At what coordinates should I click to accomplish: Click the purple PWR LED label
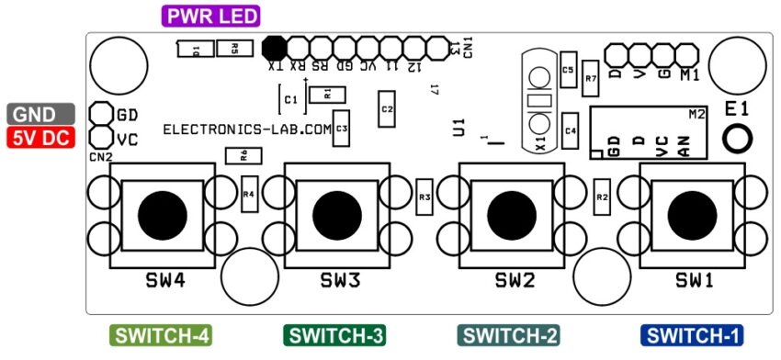point(210,16)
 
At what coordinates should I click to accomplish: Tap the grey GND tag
point(40,115)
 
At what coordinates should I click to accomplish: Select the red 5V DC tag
point(40,139)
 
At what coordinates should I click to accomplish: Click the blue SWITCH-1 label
point(692,336)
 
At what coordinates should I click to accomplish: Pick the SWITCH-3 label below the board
point(336,336)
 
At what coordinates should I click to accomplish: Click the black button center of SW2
point(510,213)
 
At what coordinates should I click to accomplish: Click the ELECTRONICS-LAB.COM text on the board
point(246,130)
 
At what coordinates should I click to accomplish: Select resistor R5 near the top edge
point(235,49)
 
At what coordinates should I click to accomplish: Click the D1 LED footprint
point(195,50)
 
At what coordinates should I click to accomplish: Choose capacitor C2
point(387,109)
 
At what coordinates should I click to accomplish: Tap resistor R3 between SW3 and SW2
point(424,197)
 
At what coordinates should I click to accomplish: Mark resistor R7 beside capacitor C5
point(591,79)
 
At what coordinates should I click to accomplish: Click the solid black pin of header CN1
point(274,47)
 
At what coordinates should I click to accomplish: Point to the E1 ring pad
point(737,139)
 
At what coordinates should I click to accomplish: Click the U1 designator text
point(459,128)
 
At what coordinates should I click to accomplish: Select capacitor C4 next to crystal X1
point(571,129)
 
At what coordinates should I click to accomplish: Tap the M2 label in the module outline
point(696,113)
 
